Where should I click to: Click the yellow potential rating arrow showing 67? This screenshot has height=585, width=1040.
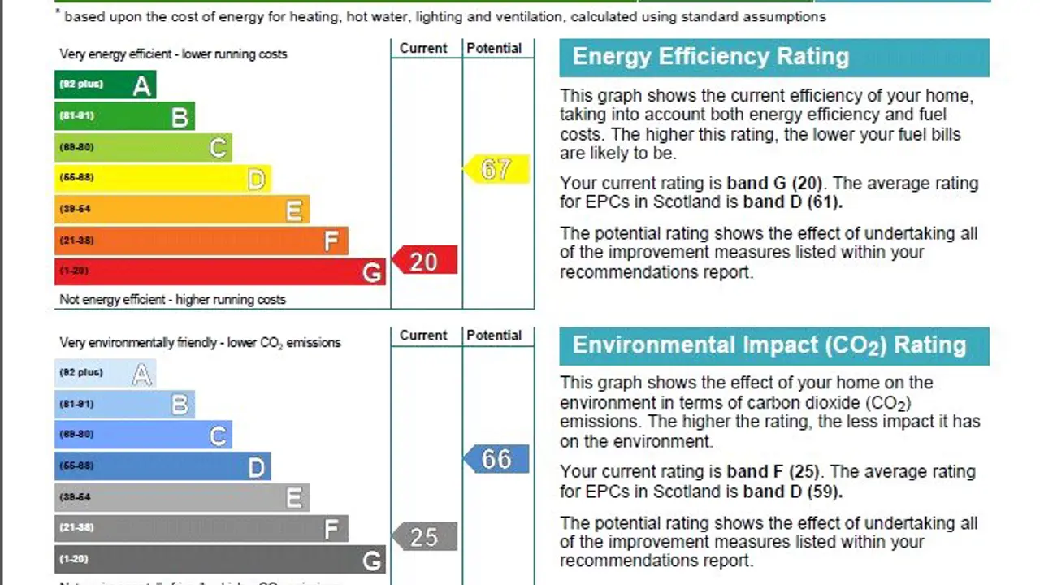tap(496, 169)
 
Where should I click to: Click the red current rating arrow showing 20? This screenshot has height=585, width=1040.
tap(425, 261)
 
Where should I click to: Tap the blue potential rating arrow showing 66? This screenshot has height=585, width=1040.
tap(496, 459)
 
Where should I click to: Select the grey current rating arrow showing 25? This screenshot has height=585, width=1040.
tap(425, 536)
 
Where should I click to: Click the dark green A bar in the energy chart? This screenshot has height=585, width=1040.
tap(105, 84)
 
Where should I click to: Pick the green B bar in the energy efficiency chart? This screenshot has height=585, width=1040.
tap(124, 116)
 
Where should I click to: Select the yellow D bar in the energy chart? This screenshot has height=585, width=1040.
tap(162, 178)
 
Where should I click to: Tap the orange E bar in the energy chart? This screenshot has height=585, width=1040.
tap(181, 210)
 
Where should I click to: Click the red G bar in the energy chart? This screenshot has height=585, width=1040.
tap(219, 271)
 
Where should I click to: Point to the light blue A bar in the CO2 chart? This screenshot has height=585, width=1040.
tap(105, 373)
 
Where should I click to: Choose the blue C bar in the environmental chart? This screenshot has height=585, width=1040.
tap(143, 435)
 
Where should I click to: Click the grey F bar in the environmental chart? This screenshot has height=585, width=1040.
tap(201, 528)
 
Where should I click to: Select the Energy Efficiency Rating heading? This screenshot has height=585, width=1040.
tap(710, 57)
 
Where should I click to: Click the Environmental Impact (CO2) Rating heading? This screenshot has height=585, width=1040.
tap(769, 345)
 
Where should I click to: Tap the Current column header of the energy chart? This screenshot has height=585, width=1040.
tap(423, 49)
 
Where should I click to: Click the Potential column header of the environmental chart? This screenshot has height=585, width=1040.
tap(494, 336)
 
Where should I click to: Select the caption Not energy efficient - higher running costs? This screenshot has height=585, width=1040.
tap(172, 300)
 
